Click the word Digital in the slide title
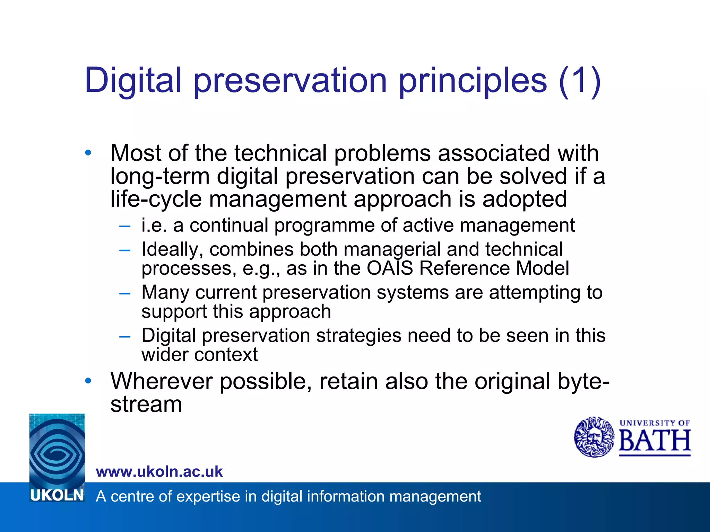(133, 80)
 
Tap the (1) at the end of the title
(580, 81)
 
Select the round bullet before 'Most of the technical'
(88, 152)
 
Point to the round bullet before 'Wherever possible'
(88, 381)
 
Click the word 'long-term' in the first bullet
(160, 176)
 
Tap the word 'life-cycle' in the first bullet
(156, 199)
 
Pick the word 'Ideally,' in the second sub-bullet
(172, 249)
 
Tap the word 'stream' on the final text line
(146, 404)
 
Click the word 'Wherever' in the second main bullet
(161, 381)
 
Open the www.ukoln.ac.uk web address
(159, 471)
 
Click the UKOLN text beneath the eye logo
(57, 496)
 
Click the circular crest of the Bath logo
(594, 437)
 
